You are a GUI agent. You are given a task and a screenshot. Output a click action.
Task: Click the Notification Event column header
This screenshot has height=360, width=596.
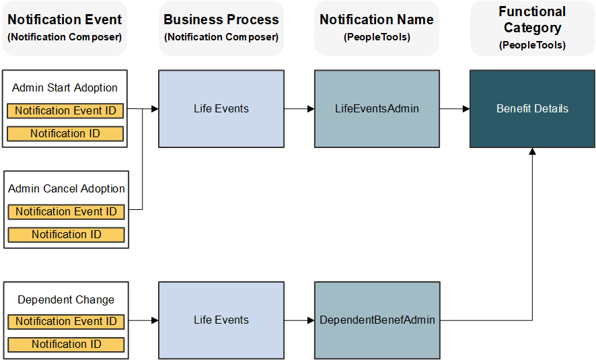point(65,28)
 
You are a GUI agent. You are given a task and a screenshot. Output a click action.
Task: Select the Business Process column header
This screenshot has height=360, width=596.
point(221,28)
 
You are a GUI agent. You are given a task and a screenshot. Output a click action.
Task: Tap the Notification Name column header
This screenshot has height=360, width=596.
point(377,28)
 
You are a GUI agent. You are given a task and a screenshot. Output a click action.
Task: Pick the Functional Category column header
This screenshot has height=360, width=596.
point(532,28)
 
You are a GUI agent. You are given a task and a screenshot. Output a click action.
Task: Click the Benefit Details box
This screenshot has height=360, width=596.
point(532,108)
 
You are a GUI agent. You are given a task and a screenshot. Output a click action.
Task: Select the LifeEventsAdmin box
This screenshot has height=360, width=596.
point(377,108)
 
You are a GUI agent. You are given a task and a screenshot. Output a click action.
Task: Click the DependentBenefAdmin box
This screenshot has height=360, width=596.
point(377,320)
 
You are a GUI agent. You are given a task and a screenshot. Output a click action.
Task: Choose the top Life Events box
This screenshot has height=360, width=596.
point(221,108)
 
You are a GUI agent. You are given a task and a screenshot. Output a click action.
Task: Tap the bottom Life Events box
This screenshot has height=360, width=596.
point(221,320)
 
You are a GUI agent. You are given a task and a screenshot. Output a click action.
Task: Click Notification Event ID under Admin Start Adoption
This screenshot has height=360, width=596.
point(65,111)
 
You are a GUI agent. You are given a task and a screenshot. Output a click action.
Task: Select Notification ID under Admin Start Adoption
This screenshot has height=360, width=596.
point(65,134)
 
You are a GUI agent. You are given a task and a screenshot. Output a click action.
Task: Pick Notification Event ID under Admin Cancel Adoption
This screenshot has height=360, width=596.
point(66,212)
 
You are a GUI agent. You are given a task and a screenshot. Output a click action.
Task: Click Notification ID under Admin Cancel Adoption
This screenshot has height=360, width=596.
point(66,235)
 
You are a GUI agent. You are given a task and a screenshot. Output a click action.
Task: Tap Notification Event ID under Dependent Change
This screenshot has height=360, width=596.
point(66,322)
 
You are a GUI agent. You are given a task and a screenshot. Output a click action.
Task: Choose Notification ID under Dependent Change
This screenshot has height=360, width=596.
point(66,345)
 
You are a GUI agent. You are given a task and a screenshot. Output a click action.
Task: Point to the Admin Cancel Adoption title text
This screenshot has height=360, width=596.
point(66,189)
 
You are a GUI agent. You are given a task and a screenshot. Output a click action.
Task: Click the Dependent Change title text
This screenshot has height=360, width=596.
point(66,300)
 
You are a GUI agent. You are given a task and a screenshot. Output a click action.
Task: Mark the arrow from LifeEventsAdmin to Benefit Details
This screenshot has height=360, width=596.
point(455,108)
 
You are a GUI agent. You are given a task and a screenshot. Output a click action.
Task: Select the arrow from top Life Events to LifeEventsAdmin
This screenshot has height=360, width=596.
point(299,108)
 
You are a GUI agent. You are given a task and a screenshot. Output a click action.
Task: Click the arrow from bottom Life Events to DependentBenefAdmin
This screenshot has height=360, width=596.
point(299,320)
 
